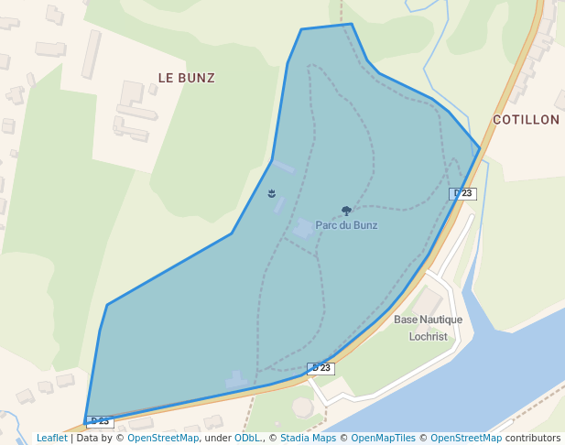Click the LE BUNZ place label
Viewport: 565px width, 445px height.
click(x=186, y=78)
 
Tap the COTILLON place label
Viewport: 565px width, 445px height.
click(x=526, y=120)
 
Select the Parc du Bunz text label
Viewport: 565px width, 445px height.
click(x=346, y=225)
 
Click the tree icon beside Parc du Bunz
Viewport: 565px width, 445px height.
click(x=346, y=211)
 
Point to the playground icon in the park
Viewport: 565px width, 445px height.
click(x=272, y=192)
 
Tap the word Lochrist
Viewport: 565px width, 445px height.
click(x=428, y=336)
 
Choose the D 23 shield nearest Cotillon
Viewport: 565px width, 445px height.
click(x=462, y=193)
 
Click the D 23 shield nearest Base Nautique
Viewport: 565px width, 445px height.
click(x=321, y=368)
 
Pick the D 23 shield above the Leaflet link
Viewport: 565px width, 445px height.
click(x=99, y=421)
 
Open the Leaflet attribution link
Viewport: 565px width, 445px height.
click(x=52, y=438)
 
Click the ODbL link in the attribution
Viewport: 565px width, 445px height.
click(x=247, y=438)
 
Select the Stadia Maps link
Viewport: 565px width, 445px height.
click(x=308, y=438)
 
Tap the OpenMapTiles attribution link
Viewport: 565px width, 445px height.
click(x=384, y=438)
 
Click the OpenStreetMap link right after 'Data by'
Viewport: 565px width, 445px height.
click(x=163, y=438)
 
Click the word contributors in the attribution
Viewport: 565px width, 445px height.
click(x=532, y=438)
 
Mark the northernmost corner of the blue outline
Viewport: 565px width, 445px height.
click(x=352, y=24)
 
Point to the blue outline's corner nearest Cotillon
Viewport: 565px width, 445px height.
click(x=480, y=148)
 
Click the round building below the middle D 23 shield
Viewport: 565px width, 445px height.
click(x=302, y=407)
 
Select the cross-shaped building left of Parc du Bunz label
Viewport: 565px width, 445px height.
click(x=303, y=228)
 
